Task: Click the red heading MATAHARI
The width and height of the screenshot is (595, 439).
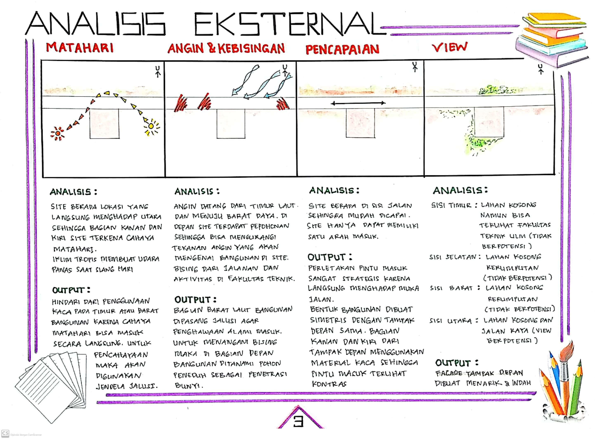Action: [x=80, y=48]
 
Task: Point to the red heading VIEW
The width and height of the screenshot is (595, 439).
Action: [x=449, y=47]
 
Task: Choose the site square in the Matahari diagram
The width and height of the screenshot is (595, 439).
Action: [x=104, y=124]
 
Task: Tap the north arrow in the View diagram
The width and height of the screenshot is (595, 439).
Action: [x=541, y=69]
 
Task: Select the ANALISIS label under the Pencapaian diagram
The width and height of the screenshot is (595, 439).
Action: [x=334, y=190]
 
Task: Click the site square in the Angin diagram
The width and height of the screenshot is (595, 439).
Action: [x=231, y=124]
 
